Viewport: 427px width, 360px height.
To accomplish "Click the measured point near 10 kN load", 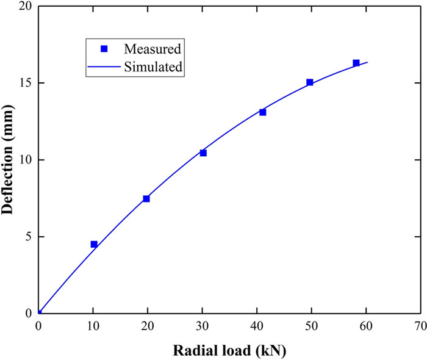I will point(94,244).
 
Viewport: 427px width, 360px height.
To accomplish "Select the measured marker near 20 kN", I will point(146,199).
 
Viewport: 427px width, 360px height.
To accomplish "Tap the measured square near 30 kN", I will point(203,153).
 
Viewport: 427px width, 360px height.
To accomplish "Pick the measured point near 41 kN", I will point(263,112).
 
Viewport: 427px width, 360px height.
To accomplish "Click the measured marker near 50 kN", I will point(310,82).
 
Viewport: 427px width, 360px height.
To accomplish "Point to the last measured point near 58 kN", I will point(356,63).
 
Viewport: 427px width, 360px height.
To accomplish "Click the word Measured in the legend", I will point(153,48).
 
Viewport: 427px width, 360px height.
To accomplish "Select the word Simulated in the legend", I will point(153,67).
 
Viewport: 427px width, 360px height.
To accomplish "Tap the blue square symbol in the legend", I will point(104,48).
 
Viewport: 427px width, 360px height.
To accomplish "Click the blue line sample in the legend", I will point(104,67).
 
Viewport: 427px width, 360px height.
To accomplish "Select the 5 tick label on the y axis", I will point(27,237).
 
